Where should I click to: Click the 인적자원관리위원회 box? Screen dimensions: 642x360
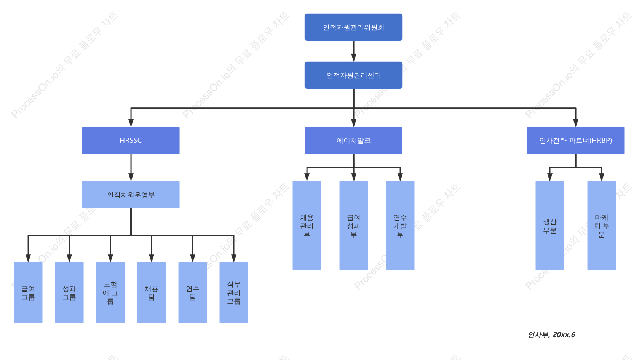pyautogui.click(x=353, y=27)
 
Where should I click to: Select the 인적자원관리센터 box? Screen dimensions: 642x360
pyautogui.click(x=353, y=75)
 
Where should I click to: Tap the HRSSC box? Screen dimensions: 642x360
pyautogui.click(x=131, y=141)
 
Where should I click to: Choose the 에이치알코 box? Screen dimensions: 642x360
pyautogui.click(x=353, y=141)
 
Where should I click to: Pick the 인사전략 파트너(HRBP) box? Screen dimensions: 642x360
pyautogui.click(x=575, y=141)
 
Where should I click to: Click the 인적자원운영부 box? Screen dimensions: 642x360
pyautogui.click(x=131, y=195)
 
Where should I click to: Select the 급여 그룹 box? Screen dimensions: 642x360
pyautogui.click(x=28, y=293)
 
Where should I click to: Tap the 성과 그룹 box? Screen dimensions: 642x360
pyautogui.click(x=69, y=293)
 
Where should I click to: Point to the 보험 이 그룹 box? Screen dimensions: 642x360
pyautogui.click(x=110, y=293)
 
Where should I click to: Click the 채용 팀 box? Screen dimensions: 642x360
pyautogui.click(x=151, y=293)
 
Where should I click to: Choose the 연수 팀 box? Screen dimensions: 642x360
pyautogui.click(x=193, y=293)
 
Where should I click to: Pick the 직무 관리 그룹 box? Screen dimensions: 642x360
pyautogui.click(x=233, y=293)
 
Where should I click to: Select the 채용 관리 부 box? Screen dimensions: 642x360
pyautogui.click(x=307, y=226)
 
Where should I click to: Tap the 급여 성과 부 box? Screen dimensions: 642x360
pyautogui.click(x=354, y=226)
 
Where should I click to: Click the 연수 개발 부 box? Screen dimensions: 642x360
pyautogui.click(x=400, y=226)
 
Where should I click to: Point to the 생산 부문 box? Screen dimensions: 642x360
pyautogui.click(x=550, y=226)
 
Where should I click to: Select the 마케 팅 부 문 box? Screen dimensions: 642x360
pyautogui.click(x=602, y=226)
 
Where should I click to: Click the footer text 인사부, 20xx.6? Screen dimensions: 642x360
pyautogui.click(x=551, y=335)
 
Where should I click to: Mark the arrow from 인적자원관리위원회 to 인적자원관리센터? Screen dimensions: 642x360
pyautogui.click(x=354, y=51)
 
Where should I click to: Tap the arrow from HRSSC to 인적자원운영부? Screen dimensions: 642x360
pyautogui.click(x=131, y=167)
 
